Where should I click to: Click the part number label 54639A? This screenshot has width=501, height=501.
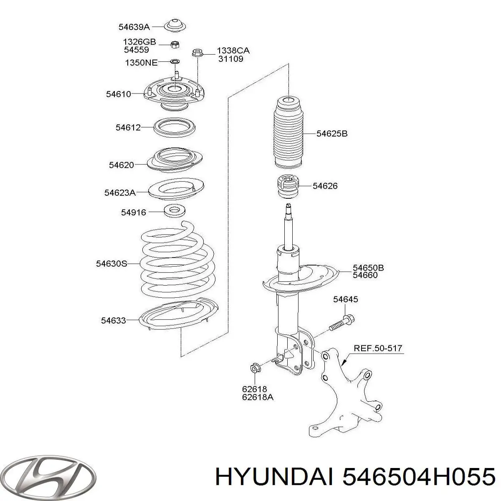(134, 27)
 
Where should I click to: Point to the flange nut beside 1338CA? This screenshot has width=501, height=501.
(196, 53)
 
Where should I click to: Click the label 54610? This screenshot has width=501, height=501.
(119, 94)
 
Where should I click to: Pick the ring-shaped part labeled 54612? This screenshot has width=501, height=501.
(176, 127)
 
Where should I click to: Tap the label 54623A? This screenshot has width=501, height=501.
(120, 192)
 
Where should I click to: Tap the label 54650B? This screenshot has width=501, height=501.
(368, 267)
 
